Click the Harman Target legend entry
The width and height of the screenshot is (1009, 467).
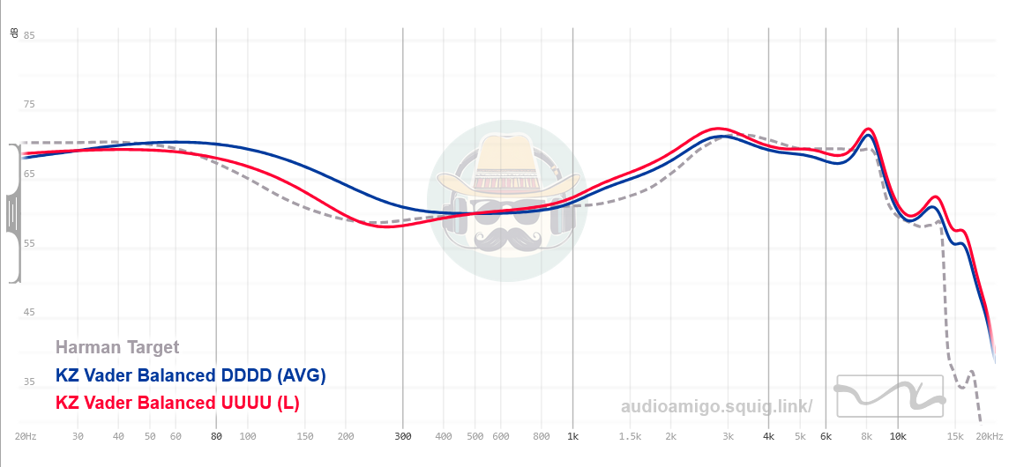click(117, 347)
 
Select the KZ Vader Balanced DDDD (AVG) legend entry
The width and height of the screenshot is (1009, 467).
click(191, 375)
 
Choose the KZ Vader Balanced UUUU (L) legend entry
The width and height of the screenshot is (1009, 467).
click(177, 404)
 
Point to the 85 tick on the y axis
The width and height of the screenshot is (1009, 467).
click(29, 35)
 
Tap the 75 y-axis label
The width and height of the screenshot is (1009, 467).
click(29, 105)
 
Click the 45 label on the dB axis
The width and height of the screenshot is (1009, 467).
click(29, 313)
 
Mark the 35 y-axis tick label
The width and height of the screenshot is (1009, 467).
click(29, 382)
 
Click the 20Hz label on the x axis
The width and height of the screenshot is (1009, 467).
click(25, 436)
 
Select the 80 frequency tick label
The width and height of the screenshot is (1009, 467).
click(216, 436)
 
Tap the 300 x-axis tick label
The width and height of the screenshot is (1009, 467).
click(402, 436)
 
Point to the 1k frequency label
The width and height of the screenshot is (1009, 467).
click(573, 436)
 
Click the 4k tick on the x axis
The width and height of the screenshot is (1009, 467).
click(768, 436)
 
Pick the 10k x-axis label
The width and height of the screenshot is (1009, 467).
click(898, 436)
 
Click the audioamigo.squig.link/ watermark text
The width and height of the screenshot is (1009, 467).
click(716, 406)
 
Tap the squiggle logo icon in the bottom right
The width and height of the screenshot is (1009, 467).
click(889, 396)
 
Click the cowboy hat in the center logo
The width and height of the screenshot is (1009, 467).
click(504, 168)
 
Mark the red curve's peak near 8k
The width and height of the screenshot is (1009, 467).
click(869, 130)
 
